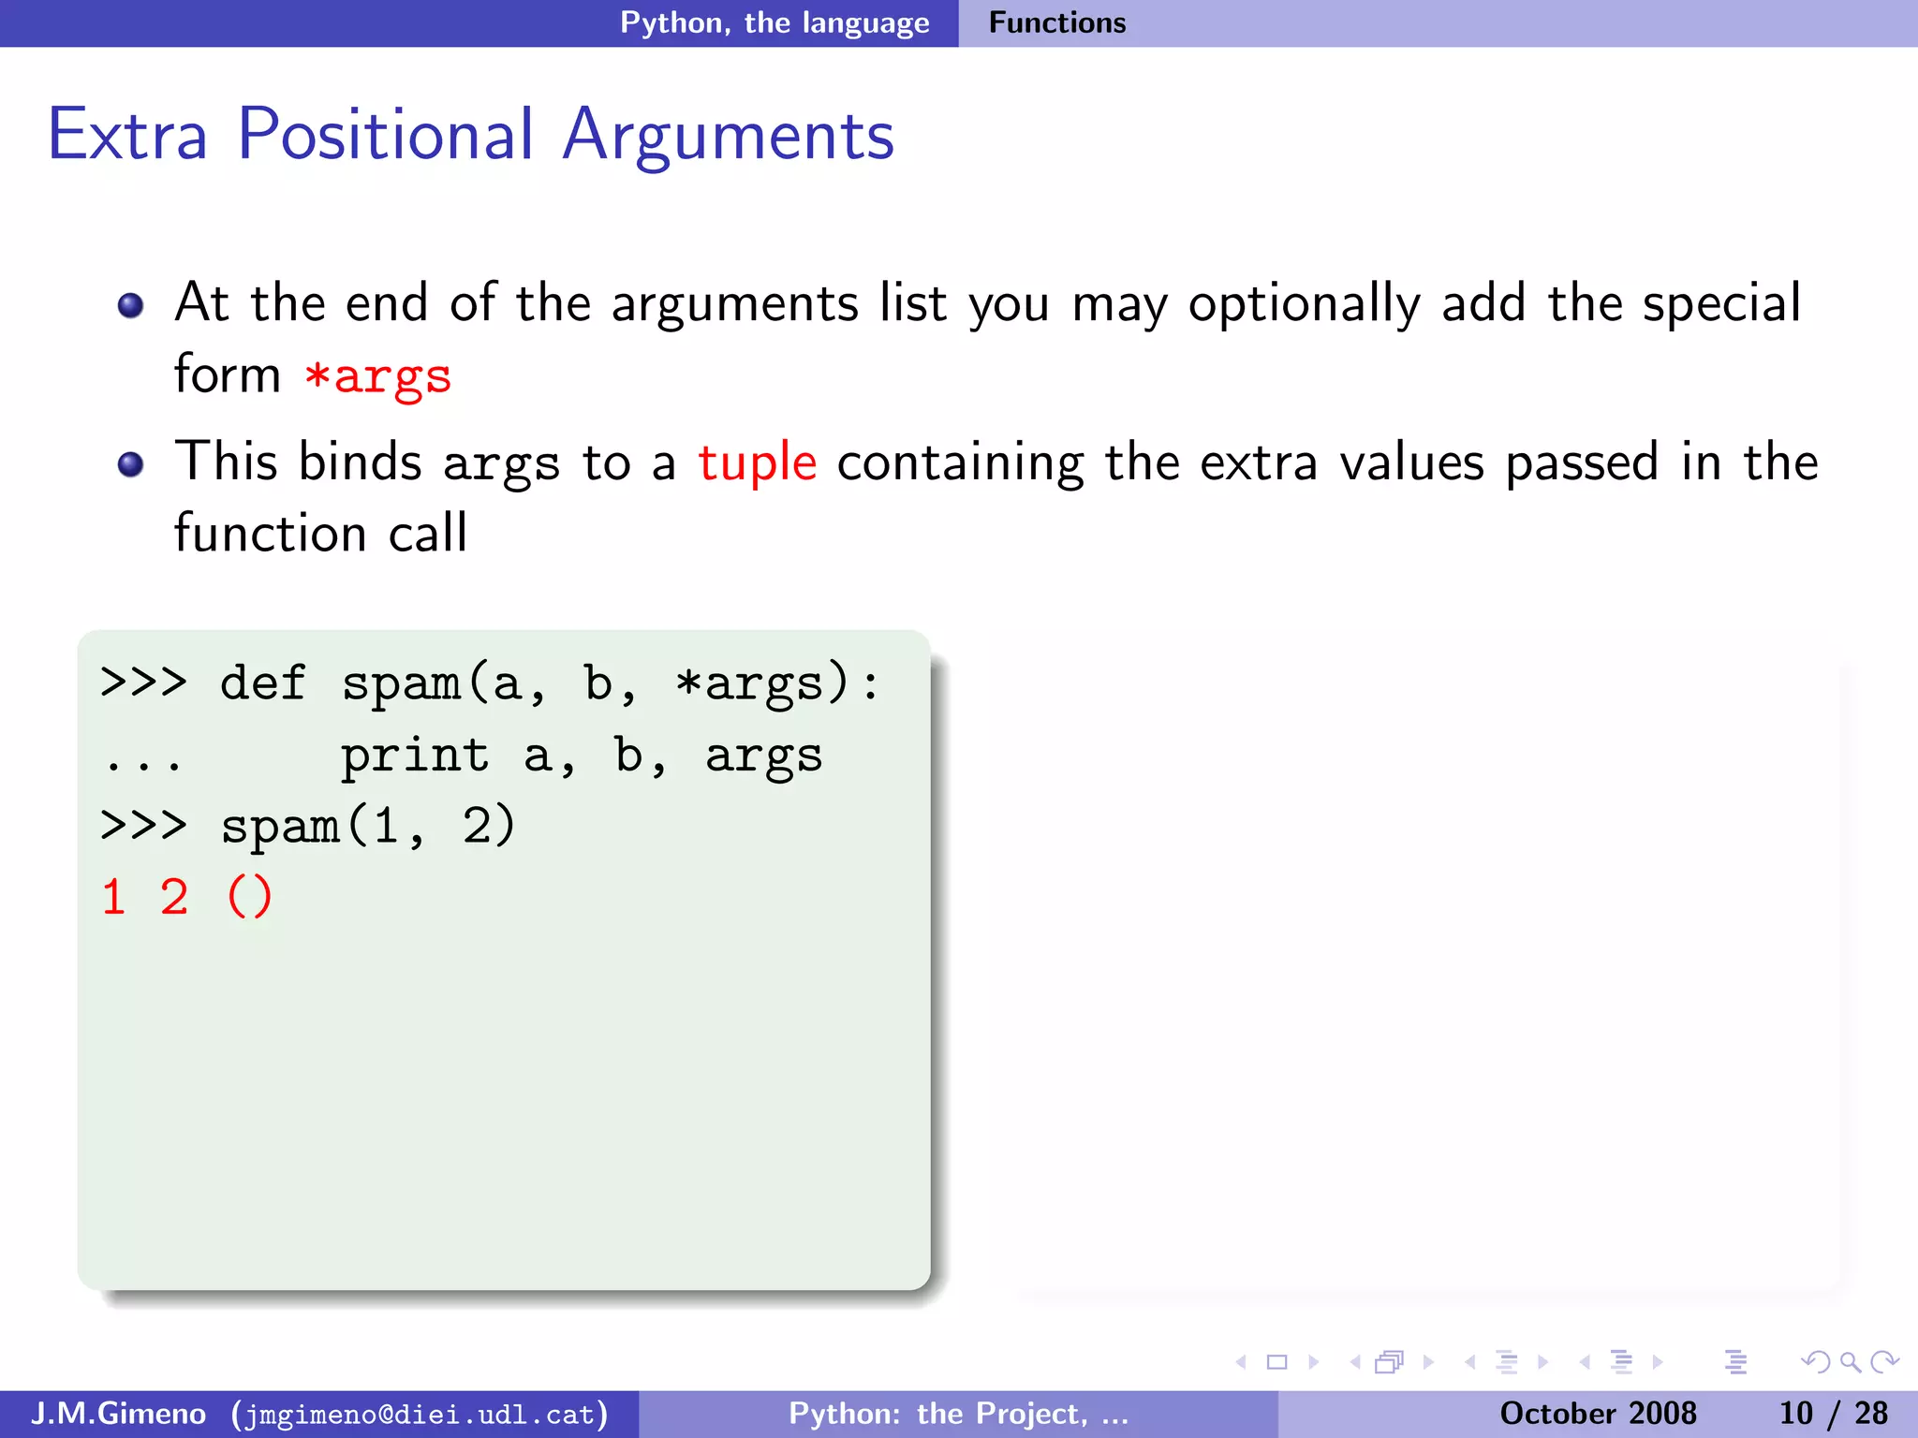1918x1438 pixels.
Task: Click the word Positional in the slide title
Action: coord(385,135)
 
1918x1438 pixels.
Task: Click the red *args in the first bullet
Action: coord(378,376)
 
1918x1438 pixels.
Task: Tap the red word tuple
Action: coord(757,462)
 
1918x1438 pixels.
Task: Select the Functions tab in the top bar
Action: coord(1056,22)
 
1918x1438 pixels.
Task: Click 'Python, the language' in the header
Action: coord(775,22)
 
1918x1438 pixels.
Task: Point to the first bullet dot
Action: coord(130,305)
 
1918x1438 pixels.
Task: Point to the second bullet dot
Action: coord(130,464)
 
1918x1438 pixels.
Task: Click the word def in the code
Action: coord(262,682)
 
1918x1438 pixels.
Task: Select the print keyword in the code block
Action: coord(414,756)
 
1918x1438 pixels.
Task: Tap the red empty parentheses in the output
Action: coord(249,897)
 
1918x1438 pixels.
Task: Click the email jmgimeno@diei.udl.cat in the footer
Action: coord(420,1414)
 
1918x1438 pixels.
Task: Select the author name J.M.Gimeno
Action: coord(118,1413)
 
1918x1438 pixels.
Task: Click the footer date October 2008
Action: coord(1598,1413)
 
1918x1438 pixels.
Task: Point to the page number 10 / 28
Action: coord(1833,1413)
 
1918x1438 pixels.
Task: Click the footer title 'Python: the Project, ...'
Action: coord(958,1413)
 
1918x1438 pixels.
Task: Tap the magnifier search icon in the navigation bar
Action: coord(1850,1362)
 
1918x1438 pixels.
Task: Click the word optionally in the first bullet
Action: coord(1304,305)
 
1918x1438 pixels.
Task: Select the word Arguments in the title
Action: coord(728,137)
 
